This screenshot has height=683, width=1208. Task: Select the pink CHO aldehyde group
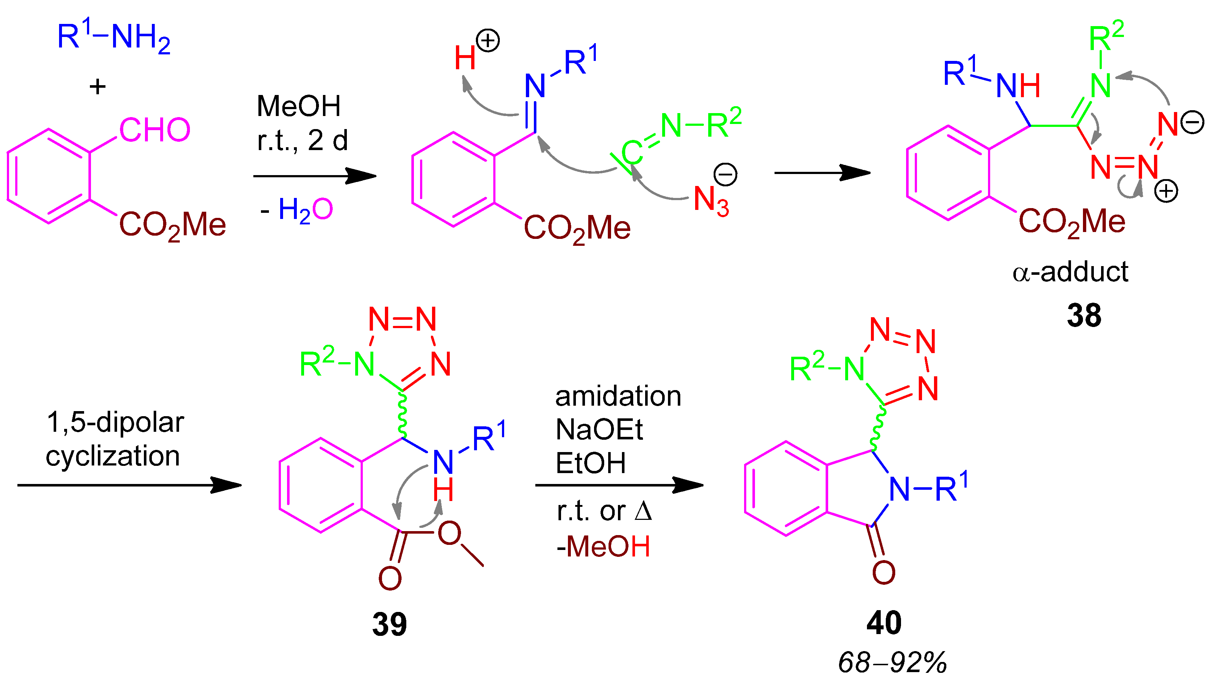click(x=155, y=130)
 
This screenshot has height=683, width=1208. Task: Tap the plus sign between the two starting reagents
click(x=97, y=87)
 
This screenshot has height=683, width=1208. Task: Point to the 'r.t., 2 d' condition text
click(x=303, y=140)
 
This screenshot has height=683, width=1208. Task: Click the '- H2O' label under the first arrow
click(x=296, y=210)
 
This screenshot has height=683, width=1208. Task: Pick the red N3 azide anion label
click(x=710, y=200)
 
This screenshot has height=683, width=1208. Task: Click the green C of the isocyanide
click(x=631, y=153)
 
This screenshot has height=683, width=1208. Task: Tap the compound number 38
click(x=1084, y=316)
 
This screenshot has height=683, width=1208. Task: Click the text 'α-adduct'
click(x=1070, y=272)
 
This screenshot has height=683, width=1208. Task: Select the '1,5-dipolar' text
click(x=115, y=422)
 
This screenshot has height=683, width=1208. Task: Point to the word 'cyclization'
click(x=113, y=456)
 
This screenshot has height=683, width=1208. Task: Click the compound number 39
click(x=389, y=624)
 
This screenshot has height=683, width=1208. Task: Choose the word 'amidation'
click(x=618, y=396)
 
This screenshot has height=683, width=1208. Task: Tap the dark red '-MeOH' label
click(x=603, y=546)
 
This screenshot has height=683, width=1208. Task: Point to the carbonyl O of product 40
click(x=884, y=573)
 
